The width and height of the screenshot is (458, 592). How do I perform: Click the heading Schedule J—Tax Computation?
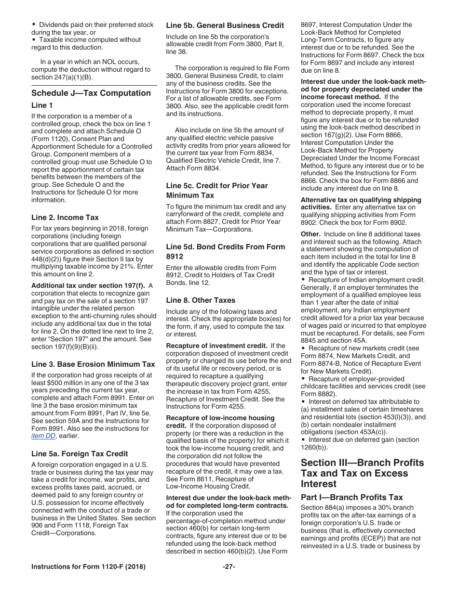91,93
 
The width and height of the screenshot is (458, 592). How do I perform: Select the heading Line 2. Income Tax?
65,218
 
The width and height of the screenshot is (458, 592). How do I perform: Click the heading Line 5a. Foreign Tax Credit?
80,453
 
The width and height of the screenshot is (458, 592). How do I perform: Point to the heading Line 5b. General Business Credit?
225,25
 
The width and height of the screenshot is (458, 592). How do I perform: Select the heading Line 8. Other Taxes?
201,300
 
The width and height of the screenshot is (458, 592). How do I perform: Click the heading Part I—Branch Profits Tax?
351,497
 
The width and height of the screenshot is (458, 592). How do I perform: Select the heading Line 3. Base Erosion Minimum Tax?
93,364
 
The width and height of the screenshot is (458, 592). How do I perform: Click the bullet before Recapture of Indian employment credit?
303,280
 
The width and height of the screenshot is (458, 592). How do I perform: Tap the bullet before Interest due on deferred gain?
303,439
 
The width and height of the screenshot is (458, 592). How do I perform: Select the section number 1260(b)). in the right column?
314,447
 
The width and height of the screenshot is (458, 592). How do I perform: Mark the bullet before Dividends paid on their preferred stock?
34,25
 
